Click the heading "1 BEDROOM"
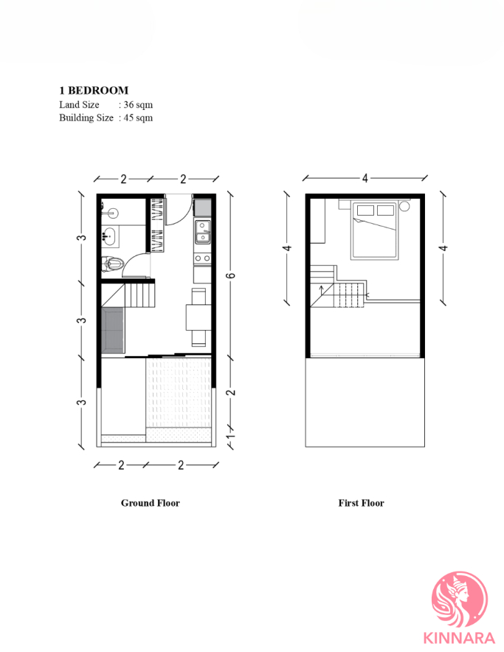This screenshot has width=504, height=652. point(94,90)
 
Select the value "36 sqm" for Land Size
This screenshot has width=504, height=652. point(138,105)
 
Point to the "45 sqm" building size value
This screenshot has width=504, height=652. point(138,117)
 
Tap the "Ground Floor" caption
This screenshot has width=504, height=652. point(150,503)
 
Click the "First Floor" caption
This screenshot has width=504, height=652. point(361,503)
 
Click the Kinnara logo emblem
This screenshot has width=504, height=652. point(459,598)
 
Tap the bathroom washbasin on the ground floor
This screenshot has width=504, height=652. point(109,237)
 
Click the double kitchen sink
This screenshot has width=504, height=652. point(202,231)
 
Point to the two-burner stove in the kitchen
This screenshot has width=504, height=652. point(202,258)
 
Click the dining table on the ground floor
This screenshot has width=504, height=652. point(197,318)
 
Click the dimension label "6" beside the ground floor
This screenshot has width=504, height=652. point(230,275)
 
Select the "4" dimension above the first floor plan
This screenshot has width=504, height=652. point(365,177)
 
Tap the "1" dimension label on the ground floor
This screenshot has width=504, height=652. point(230,438)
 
